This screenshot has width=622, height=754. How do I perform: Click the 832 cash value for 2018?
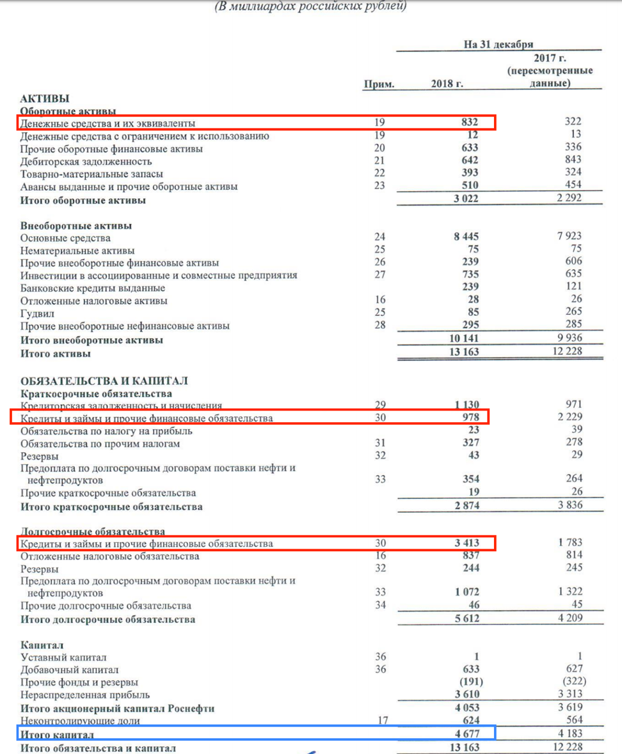point(469,122)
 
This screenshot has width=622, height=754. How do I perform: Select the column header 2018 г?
point(447,84)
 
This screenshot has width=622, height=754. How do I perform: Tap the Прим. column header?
point(379,84)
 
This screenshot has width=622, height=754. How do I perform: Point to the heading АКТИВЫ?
point(45,98)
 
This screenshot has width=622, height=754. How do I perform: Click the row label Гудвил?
point(37,313)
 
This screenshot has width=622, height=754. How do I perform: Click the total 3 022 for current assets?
point(465,199)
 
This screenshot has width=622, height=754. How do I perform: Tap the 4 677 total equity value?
point(465,733)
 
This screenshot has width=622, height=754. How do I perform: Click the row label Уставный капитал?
point(63,657)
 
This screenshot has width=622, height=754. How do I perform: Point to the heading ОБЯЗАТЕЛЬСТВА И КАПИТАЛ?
point(104,381)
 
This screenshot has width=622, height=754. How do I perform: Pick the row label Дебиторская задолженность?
point(86,161)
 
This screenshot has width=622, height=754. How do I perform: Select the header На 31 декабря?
point(498,44)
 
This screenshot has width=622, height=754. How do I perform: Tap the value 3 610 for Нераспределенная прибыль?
point(465,695)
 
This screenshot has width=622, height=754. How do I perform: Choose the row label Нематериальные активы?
point(77,251)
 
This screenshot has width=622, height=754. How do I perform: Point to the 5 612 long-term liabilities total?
point(465,618)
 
